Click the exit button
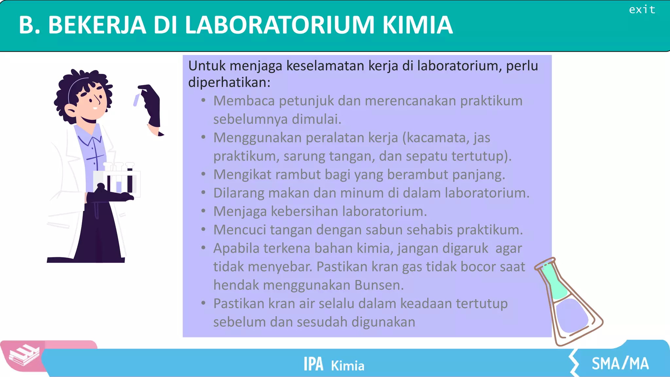click(642, 9)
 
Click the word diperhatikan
click(229, 82)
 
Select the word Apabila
click(236, 248)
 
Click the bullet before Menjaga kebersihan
click(203, 211)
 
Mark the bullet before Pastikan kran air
click(203, 303)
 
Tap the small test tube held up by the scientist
click(136, 100)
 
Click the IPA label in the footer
click(313, 364)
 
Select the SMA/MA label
click(620, 364)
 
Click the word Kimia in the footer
click(347, 366)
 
